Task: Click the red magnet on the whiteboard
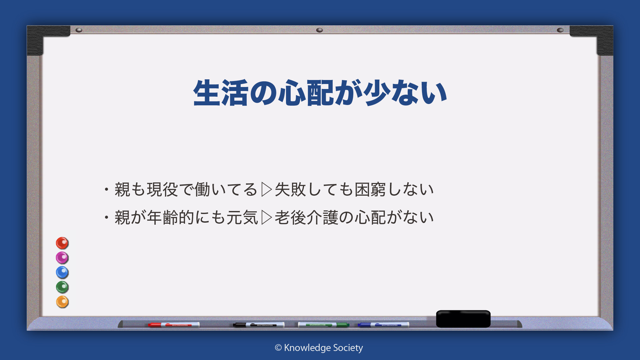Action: click(x=62, y=243)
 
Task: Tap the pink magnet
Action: click(x=62, y=258)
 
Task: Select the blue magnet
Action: click(x=62, y=272)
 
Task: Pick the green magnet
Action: click(x=62, y=287)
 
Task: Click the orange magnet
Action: click(x=62, y=302)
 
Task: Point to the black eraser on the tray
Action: click(x=463, y=319)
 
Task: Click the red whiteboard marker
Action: click(x=174, y=325)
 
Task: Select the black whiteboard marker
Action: click(x=259, y=325)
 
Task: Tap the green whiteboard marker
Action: click(x=323, y=325)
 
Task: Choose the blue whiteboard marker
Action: click(x=383, y=325)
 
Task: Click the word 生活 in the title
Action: click(x=221, y=93)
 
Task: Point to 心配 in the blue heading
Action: click(x=306, y=93)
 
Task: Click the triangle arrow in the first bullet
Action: click(x=267, y=189)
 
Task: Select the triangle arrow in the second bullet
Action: click(x=267, y=217)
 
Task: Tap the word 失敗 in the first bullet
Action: click(x=290, y=189)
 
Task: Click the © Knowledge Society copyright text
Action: click(x=319, y=348)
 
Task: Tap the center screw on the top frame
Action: click(x=319, y=30)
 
